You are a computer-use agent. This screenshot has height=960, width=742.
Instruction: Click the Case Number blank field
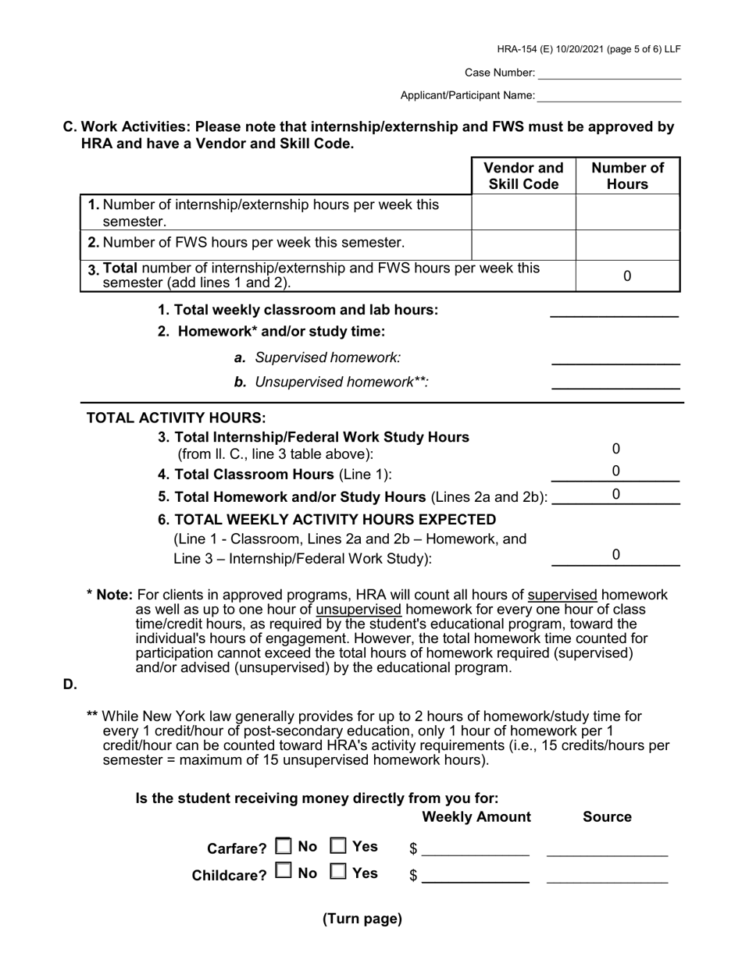(x=609, y=73)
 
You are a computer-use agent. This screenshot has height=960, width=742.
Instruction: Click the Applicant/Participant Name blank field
(x=609, y=95)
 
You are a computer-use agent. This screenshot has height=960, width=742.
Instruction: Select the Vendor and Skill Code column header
(x=523, y=176)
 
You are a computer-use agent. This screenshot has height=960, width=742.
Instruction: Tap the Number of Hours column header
(x=627, y=176)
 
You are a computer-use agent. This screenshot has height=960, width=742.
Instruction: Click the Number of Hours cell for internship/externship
(x=627, y=212)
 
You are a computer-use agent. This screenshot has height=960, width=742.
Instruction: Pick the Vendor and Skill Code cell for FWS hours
(x=523, y=245)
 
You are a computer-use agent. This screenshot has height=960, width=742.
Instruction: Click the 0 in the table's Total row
(x=627, y=276)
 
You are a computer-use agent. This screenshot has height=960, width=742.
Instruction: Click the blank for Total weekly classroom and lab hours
(x=615, y=310)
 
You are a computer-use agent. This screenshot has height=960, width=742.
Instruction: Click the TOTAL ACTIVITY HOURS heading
(x=176, y=418)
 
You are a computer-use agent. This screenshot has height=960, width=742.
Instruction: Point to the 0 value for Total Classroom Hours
(x=615, y=471)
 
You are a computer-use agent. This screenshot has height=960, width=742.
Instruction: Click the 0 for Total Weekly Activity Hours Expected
(x=615, y=555)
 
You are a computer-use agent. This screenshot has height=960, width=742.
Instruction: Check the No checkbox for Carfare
(x=284, y=846)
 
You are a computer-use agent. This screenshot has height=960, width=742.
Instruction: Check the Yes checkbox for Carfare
(x=338, y=846)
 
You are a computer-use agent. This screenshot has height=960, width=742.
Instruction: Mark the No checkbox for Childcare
(x=284, y=873)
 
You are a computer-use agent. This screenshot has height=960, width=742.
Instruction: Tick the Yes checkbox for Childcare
(x=338, y=873)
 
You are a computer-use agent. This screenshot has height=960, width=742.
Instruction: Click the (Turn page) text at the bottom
(x=362, y=919)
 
